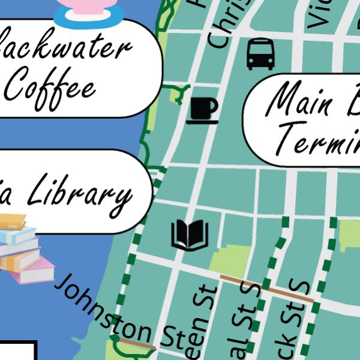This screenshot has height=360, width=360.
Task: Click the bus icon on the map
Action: pyautogui.click(x=260, y=54)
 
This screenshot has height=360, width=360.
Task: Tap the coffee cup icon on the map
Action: pyautogui.click(x=202, y=110)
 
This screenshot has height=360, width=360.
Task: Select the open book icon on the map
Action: pyautogui.click(x=190, y=235)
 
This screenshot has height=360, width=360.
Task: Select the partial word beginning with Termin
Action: pyautogui.click(x=318, y=139)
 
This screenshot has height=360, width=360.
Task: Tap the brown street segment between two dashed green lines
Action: pyautogui.click(x=266, y=287)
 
